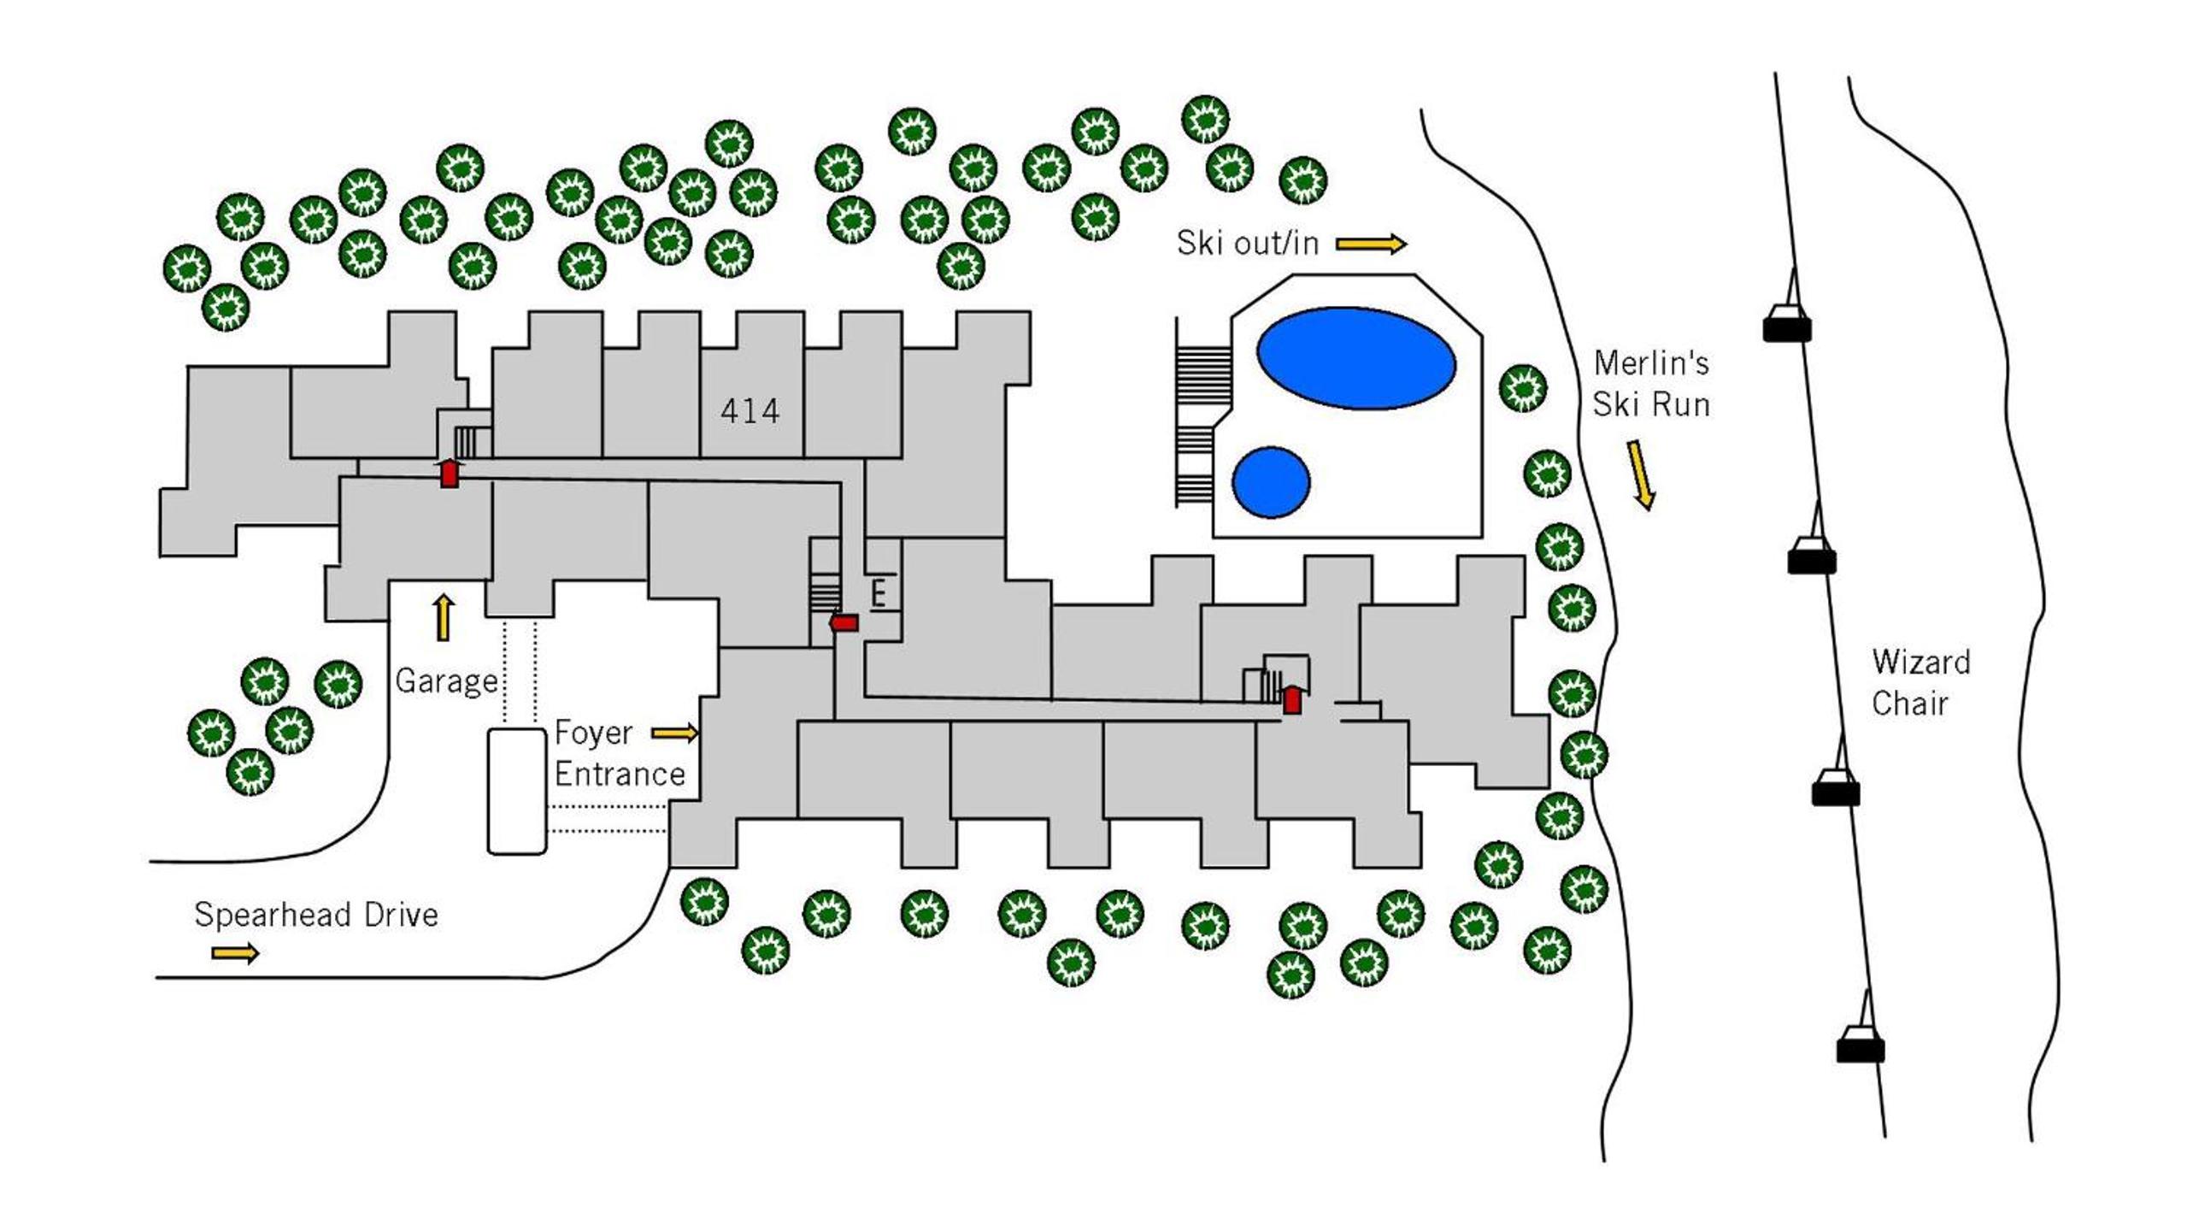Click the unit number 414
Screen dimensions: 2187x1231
750,411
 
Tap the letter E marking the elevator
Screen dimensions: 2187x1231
878,593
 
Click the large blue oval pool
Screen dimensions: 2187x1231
1355,358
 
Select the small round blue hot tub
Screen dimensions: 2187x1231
1271,482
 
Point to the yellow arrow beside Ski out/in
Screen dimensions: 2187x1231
1371,244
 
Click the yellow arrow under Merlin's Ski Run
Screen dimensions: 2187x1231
1642,475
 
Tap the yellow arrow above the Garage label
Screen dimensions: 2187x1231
444,617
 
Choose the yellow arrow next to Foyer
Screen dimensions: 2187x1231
675,733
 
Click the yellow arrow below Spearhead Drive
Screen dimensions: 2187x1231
235,952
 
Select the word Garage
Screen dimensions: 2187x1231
447,682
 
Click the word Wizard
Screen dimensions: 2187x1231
1920,662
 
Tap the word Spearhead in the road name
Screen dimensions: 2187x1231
273,916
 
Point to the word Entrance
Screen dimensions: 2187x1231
620,774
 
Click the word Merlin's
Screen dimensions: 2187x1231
1651,363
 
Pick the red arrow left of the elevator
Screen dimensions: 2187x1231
844,623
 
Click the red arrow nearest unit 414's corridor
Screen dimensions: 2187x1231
450,473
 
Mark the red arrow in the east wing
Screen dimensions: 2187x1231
1292,699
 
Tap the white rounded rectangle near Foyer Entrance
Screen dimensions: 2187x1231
517,792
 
